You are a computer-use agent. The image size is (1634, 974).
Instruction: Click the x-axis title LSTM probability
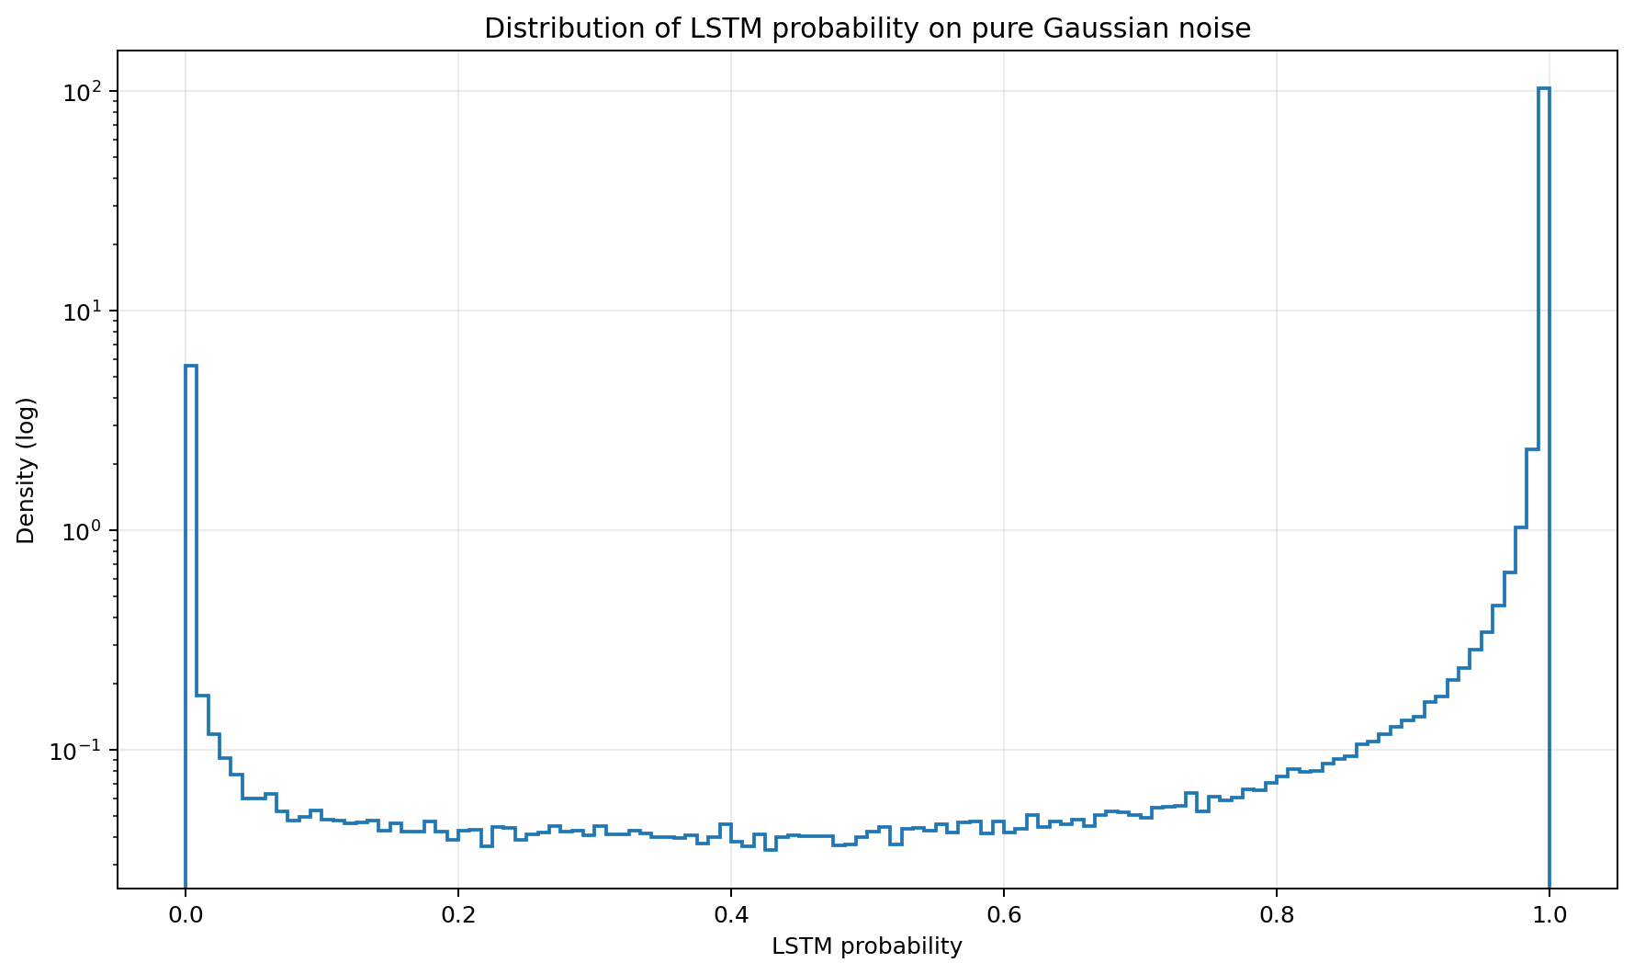coord(867,947)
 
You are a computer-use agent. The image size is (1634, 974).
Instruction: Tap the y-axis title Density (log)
coord(26,470)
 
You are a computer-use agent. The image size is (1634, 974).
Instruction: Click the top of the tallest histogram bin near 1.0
coord(1543,88)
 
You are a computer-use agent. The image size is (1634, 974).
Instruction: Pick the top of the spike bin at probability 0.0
coord(190,366)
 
